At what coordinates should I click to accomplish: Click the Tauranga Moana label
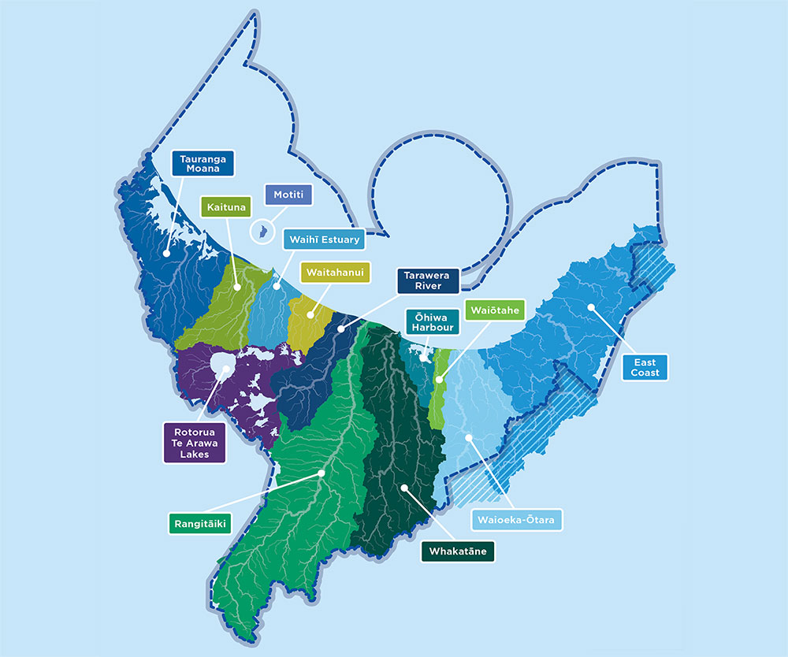tap(203, 164)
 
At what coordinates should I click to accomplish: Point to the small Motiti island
tap(256, 232)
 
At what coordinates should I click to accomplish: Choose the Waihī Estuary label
tap(322, 239)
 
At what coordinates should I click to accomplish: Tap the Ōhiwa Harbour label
tap(428, 323)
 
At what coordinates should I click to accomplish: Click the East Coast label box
tap(645, 367)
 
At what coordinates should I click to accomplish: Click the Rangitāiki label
tap(198, 523)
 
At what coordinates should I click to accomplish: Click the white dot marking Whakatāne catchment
tap(403, 488)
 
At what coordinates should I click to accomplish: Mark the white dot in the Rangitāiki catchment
tap(322, 473)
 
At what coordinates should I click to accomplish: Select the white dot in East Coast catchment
tap(589, 306)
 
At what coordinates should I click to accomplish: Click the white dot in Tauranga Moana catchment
tap(167, 254)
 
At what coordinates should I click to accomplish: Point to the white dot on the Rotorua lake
tap(225, 368)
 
